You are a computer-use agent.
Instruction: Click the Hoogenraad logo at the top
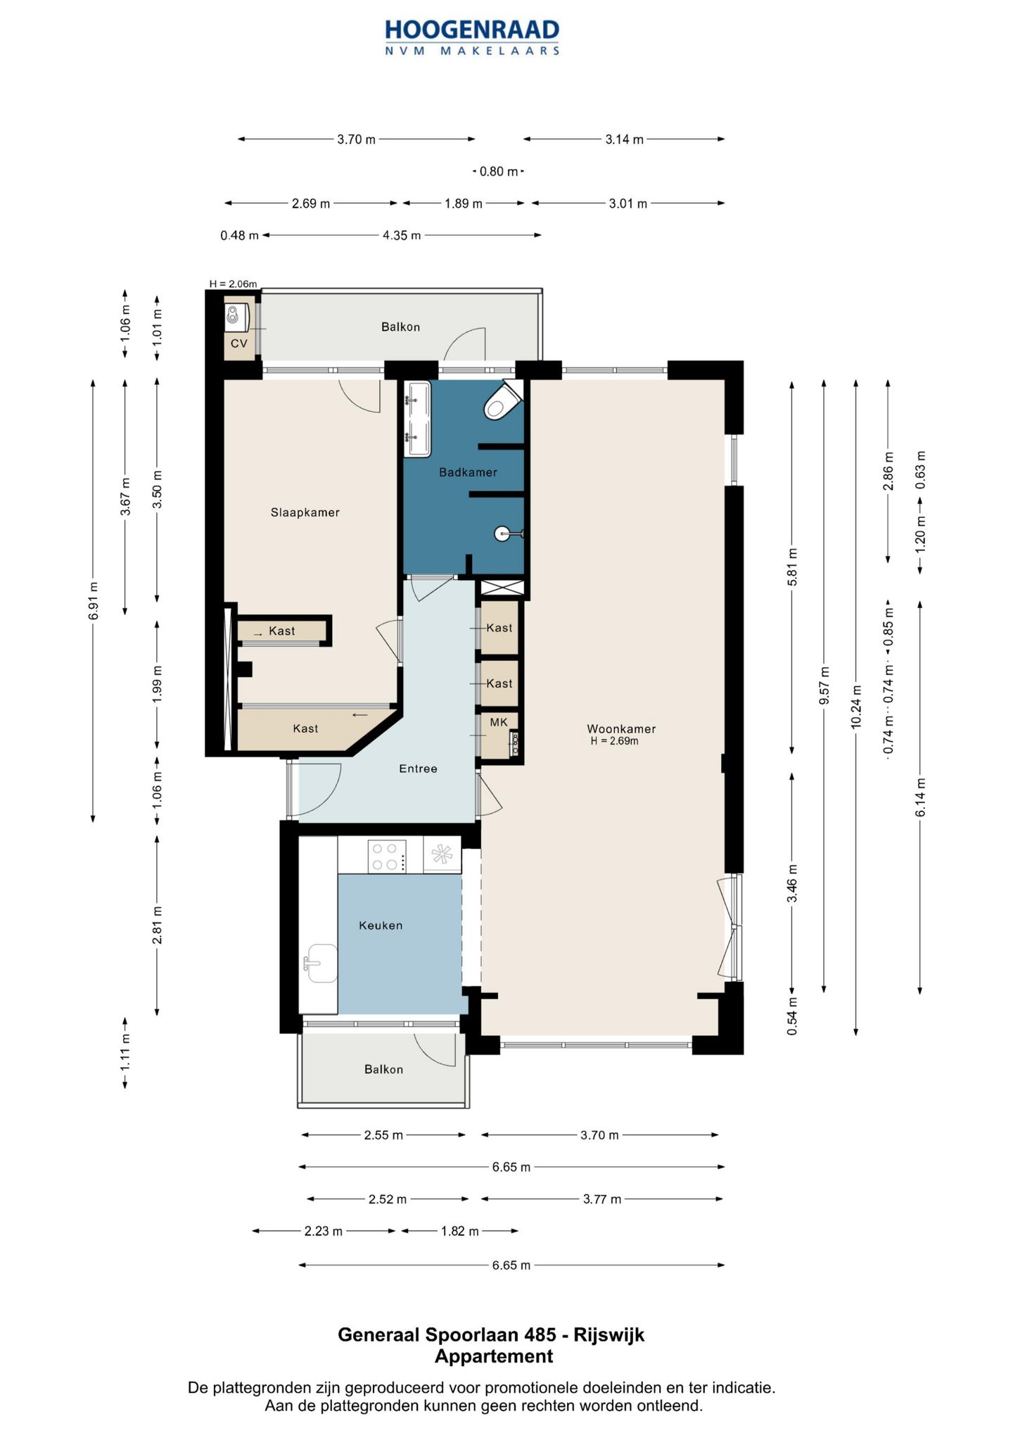click(x=472, y=37)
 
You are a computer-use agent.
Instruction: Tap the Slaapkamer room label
click(x=305, y=512)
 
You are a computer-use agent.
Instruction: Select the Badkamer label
click(x=468, y=472)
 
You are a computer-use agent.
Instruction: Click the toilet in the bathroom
click(x=502, y=402)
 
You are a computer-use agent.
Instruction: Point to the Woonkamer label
click(x=622, y=729)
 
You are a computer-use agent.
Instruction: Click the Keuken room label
click(x=381, y=926)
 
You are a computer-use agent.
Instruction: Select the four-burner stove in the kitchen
click(x=387, y=856)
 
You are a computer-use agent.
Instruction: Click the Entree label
click(x=418, y=769)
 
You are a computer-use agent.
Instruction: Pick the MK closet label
click(x=499, y=722)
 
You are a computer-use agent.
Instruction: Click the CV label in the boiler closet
click(x=239, y=343)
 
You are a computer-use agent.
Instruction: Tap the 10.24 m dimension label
click(x=856, y=707)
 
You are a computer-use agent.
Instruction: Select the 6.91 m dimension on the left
click(x=94, y=601)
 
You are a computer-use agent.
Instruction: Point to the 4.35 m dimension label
click(x=402, y=235)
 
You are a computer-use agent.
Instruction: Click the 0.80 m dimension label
click(x=499, y=171)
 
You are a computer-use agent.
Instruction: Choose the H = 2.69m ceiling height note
click(x=614, y=741)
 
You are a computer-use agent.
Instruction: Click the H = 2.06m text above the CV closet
click(x=233, y=284)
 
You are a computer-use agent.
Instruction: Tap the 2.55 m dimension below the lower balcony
click(x=383, y=1135)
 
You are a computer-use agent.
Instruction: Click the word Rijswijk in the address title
click(x=609, y=1334)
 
